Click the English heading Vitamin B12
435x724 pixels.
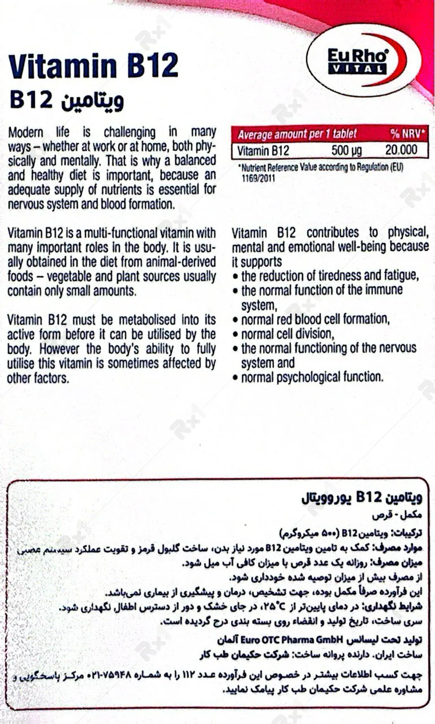tap(94, 67)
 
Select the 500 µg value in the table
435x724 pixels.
tap(347, 150)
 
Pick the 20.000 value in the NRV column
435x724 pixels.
tap(400, 150)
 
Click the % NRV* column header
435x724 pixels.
tap(407, 134)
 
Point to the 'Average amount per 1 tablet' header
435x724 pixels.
tap(298, 135)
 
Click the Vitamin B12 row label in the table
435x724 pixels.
tap(263, 150)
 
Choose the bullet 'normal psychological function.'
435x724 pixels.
tap(312, 377)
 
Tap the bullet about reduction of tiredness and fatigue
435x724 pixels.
tap(329, 276)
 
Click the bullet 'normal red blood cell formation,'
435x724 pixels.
tap(315, 319)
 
